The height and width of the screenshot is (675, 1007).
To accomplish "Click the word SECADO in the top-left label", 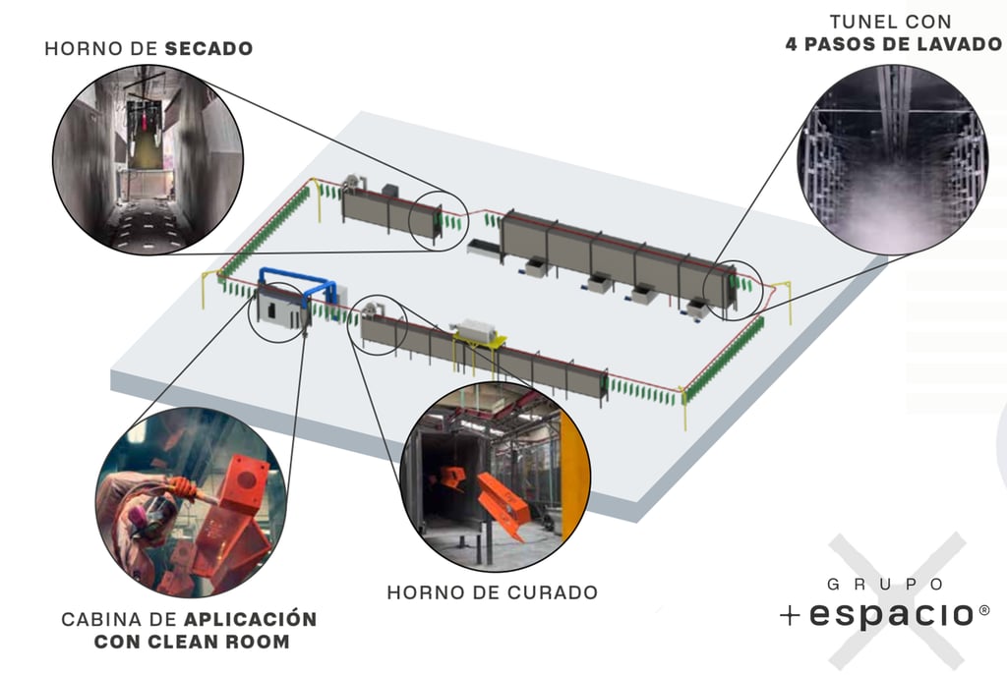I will point(208,48).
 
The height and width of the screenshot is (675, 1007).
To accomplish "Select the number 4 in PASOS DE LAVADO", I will point(793,44).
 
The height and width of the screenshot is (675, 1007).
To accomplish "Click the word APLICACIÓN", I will point(251,619).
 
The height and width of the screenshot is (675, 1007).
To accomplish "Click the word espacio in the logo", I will point(890,615).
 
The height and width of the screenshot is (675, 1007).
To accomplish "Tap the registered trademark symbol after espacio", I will point(983,610).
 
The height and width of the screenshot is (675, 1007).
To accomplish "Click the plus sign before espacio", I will point(790,616).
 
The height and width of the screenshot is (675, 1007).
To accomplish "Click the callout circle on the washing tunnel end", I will point(734,289).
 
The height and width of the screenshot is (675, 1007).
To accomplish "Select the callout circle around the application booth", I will point(277,311).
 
